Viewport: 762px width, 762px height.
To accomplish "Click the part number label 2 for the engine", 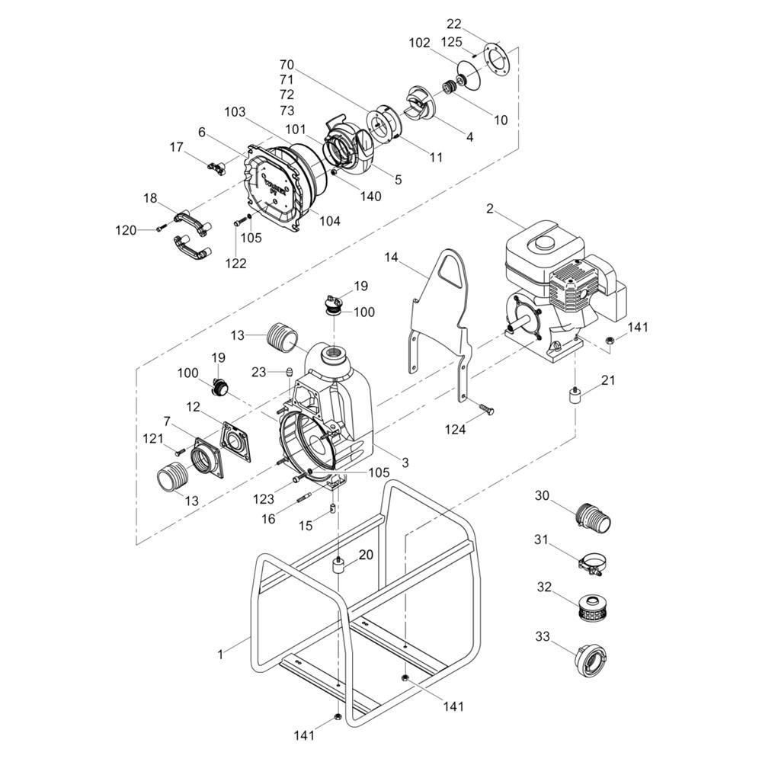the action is pos(490,209).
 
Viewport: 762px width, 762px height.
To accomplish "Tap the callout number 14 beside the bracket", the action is pos(391,258).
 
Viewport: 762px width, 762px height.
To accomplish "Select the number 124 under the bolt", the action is pos(456,429).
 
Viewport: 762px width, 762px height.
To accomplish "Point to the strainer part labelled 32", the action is pos(594,606).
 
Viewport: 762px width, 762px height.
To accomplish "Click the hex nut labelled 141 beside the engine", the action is pos(608,340).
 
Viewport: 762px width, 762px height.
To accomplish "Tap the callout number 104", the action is pos(330,221).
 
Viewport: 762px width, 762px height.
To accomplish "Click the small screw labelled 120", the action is pos(162,228).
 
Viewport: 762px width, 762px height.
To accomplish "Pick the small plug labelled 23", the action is pos(288,373).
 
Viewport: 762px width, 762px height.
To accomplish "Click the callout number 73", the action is pos(287,110).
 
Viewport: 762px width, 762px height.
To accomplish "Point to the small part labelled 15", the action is pos(332,509).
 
